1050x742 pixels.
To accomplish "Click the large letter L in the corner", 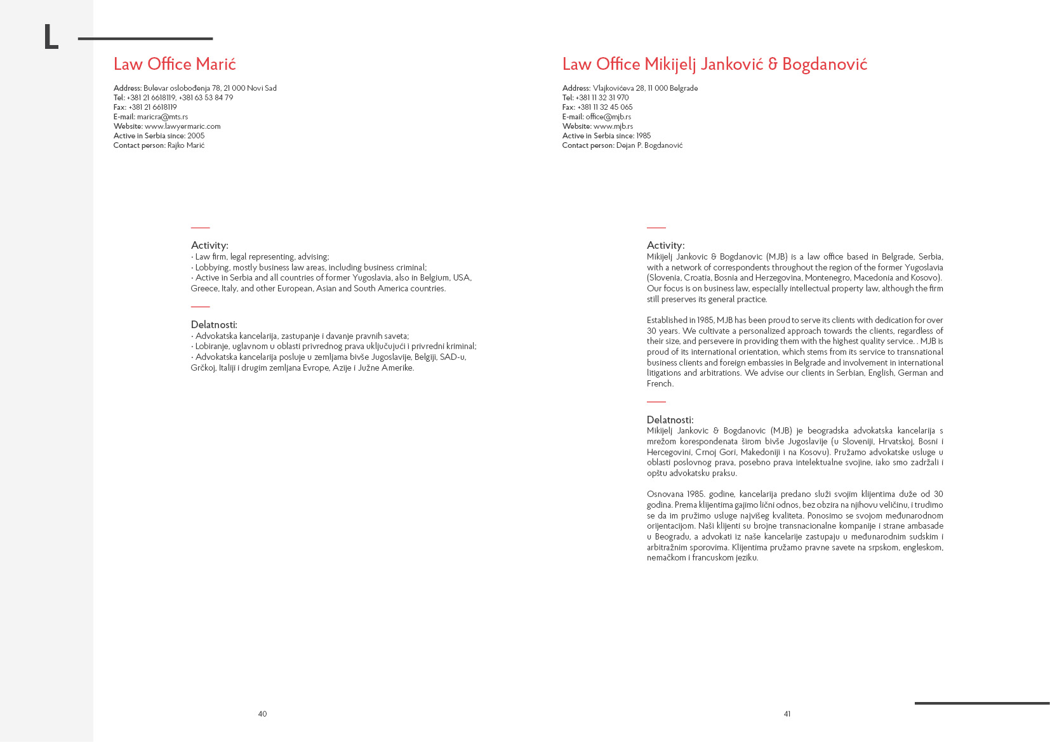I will point(51,37).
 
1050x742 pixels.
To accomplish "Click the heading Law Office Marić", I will point(175,64).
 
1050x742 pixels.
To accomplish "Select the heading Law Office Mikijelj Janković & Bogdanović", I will point(714,64).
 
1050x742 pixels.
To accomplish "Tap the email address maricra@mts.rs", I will point(163,117).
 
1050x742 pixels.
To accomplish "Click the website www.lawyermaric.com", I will point(183,126).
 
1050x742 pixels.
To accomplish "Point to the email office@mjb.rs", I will point(608,117).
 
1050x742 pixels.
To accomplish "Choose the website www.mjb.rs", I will point(613,126).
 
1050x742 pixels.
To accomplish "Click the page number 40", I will point(262,714).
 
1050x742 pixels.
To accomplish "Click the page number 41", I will point(787,714).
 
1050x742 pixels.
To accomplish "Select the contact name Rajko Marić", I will point(186,145).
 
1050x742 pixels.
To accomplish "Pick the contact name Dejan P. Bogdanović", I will point(649,145).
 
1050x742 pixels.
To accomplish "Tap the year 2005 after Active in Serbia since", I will point(196,136).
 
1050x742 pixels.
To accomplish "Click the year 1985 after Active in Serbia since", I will point(644,136).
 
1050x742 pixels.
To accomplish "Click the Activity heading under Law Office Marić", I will point(209,246).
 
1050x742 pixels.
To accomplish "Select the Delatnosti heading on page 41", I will point(670,420).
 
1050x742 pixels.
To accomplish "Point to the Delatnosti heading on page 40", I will point(214,325).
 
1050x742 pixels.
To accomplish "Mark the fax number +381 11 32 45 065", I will point(605,107).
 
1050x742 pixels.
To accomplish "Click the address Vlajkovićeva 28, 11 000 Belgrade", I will point(645,88).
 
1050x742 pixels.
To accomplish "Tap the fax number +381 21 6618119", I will point(153,107).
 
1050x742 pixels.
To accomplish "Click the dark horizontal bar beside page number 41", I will point(981,703).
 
